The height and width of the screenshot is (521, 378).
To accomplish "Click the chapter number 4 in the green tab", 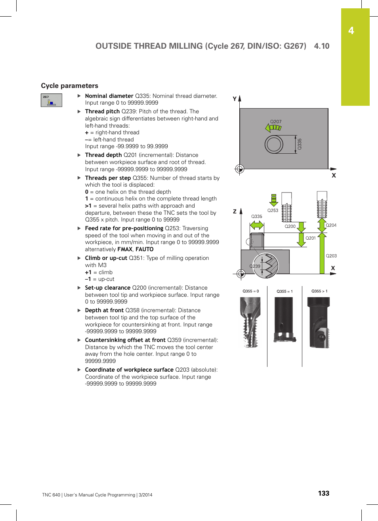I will tap(351, 31).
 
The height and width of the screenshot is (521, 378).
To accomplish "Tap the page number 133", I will tap(323, 493).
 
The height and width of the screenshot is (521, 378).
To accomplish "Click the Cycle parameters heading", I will tap(69, 86).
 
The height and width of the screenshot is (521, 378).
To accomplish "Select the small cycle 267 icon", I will tap(52, 100).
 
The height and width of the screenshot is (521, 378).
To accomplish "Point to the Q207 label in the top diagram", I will tap(276, 122).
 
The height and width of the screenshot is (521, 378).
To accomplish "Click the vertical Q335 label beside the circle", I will tap(300, 144).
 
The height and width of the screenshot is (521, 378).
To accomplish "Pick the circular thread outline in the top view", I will tap(274, 144).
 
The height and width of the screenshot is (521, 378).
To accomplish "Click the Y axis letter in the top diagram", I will tap(235, 99).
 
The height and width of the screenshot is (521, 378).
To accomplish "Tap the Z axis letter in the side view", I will tap(235, 212).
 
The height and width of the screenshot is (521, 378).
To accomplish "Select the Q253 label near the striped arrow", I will tap(273, 210).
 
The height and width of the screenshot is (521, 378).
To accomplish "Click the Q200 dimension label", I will tap(290, 226).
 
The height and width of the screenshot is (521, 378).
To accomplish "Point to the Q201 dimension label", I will tap(311, 238).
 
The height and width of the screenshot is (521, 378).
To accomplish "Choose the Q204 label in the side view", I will tap(331, 225).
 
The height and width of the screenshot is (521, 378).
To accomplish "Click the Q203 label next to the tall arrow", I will tap(331, 256).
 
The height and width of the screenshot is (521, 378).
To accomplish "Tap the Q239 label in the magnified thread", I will tap(255, 266).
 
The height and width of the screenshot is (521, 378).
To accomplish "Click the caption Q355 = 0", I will tap(250, 291).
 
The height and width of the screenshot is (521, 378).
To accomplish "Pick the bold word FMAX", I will tap(125, 249).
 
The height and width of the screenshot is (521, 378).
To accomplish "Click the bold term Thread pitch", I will tap(102, 111).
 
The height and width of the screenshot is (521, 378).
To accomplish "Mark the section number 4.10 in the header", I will tap(321, 46).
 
